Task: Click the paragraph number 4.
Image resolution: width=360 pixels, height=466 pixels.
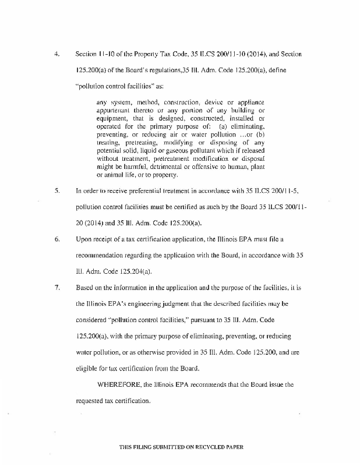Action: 57,54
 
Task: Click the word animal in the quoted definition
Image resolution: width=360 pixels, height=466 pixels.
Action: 113,175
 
